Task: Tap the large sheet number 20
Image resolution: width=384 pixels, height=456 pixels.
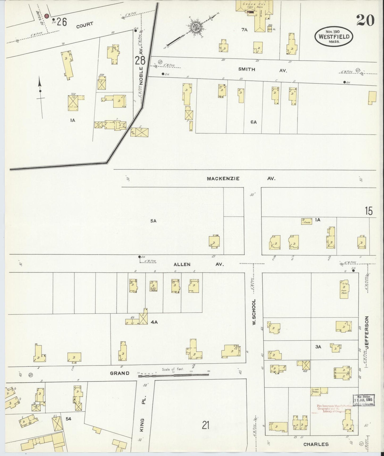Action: click(365, 20)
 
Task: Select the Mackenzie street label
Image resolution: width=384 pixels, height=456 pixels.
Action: click(223, 179)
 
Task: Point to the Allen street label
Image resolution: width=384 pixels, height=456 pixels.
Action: click(182, 264)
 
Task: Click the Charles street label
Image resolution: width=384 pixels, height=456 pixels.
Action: click(316, 444)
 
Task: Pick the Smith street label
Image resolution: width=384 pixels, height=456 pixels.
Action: click(247, 69)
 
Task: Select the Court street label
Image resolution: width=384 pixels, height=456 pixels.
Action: click(85, 25)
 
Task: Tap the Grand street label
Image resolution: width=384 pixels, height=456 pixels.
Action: click(120, 373)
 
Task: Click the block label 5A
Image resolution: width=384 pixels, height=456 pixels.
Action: click(153, 221)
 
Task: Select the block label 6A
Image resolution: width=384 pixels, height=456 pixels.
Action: click(253, 122)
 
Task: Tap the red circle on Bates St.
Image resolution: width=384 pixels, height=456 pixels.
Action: click(47, 16)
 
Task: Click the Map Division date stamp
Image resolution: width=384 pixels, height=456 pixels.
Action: click(363, 400)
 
